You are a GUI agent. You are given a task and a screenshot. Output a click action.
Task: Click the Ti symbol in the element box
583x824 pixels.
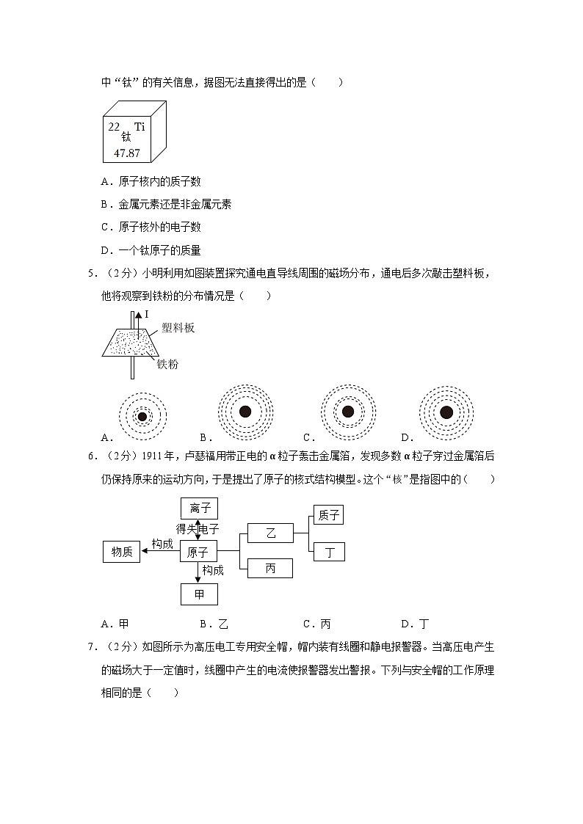(x=140, y=126)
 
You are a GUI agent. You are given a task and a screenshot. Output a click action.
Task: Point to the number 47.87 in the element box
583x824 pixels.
(x=127, y=153)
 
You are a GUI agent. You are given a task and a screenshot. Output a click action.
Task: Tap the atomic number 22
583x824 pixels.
(x=114, y=126)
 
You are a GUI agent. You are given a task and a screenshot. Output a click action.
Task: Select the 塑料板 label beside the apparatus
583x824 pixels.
(x=178, y=328)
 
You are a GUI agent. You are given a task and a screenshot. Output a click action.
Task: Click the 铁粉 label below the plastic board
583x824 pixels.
(x=167, y=364)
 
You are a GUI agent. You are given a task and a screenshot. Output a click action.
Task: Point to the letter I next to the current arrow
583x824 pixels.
(x=147, y=314)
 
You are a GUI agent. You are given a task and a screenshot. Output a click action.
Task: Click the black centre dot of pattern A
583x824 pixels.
(x=142, y=416)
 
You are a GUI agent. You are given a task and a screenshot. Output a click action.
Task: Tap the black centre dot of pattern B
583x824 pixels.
(x=245, y=412)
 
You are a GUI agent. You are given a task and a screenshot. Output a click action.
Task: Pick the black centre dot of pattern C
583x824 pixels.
(x=348, y=412)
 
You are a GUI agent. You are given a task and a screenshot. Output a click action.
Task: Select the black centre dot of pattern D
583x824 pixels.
(x=446, y=412)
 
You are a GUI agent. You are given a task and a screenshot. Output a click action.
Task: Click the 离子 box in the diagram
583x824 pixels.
(x=199, y=508)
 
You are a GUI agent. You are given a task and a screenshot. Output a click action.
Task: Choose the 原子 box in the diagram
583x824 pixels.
(x=199, y=553)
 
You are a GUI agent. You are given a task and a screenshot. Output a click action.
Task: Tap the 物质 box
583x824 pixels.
(x=122, y=553)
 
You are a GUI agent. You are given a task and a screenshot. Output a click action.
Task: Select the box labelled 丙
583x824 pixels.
(x=270, y=568)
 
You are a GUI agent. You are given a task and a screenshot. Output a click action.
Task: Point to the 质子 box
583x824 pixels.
(x=328, y=515)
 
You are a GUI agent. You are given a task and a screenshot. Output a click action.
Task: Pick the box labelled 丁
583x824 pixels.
(x=328, y=553)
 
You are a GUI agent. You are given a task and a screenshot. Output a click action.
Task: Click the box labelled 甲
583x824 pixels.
(x=199, y=594)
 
